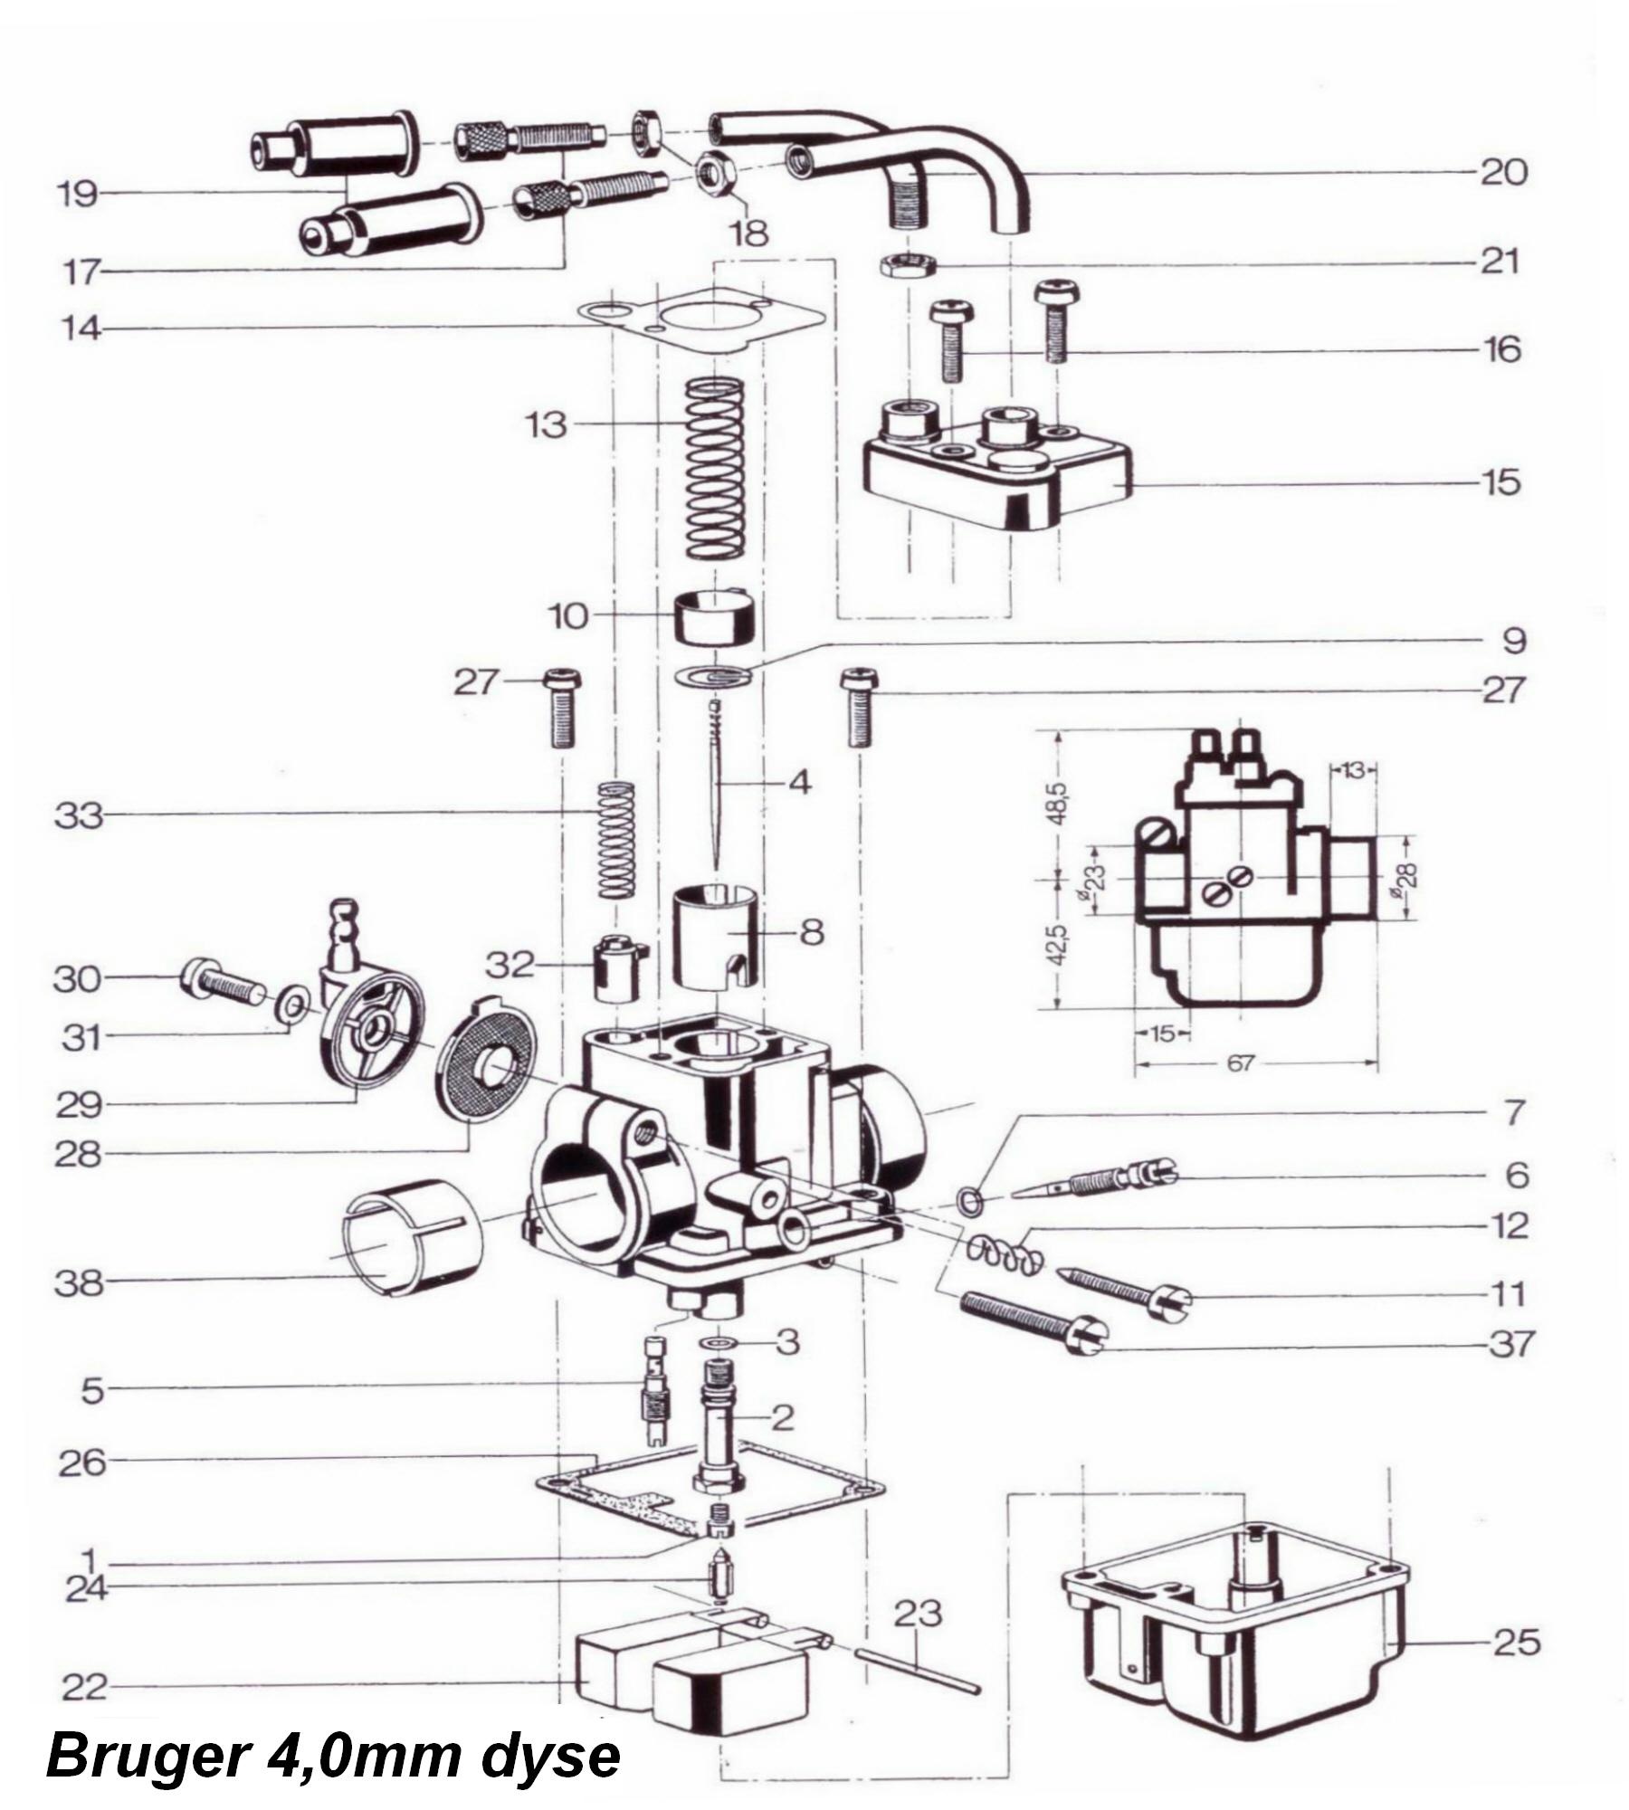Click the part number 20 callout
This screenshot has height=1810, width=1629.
coord(1503,172)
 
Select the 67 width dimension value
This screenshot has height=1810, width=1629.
coord(1241,1064)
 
